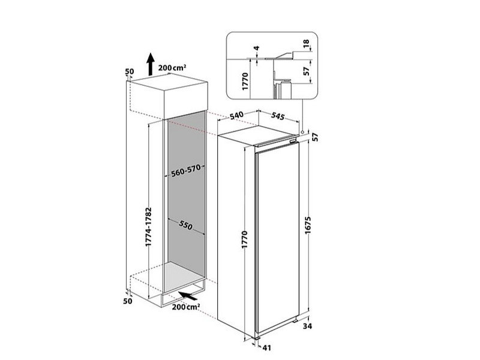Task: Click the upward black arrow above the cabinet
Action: pos(150,64)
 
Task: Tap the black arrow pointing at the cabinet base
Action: pos(188,296)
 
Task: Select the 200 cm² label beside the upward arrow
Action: pos(172,68)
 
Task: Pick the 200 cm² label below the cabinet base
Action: pos(186,307)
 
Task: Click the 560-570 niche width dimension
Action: pos(186,171)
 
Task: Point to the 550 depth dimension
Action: pos(186,226)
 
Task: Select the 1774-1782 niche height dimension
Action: pos(148,227)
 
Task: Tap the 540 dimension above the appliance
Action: pos(236,115)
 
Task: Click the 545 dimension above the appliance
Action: pos(278,116)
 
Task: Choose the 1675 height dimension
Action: pos(308,226)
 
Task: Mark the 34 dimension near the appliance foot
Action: pos(307,326)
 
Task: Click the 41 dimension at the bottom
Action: pos(267,348)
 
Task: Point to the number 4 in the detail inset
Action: pos(257,48)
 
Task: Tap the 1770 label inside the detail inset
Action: pos(245,81)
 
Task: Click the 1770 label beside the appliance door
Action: pos(244,239)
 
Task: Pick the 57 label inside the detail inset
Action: pos(306,71)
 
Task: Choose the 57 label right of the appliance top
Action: pos(315,137)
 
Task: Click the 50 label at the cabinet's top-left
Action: pos(130,71)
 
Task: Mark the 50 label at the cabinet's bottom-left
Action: pos(128,301)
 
